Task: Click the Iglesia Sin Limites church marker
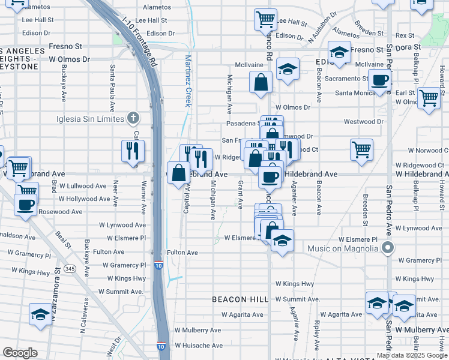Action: (133, 118)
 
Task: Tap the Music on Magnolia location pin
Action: (388, 248)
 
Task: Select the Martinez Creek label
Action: (187, 80)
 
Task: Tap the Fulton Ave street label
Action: (182, 253)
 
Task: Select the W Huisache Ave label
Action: (198, 346)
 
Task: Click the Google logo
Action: (20, 353)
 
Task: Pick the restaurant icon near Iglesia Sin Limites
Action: (133, 150)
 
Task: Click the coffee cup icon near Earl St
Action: (379, 81)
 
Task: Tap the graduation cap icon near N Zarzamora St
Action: (41, 314)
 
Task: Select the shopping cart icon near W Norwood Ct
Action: (361, 149)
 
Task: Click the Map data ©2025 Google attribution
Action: (411, 355)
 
